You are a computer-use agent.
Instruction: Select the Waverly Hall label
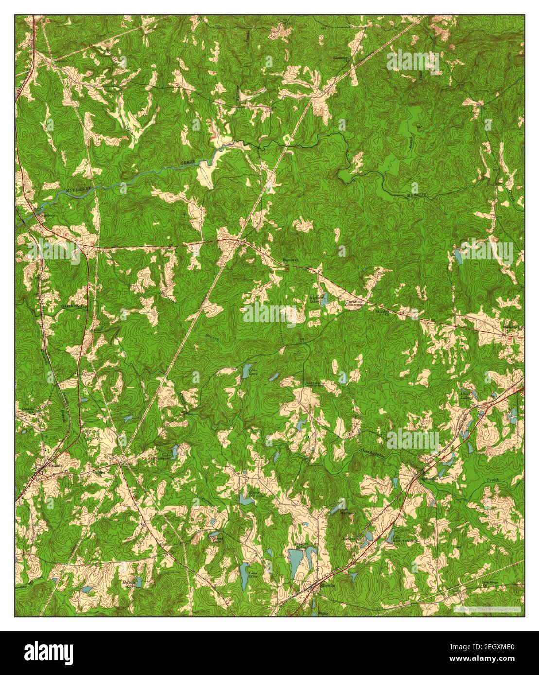(513, 326)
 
